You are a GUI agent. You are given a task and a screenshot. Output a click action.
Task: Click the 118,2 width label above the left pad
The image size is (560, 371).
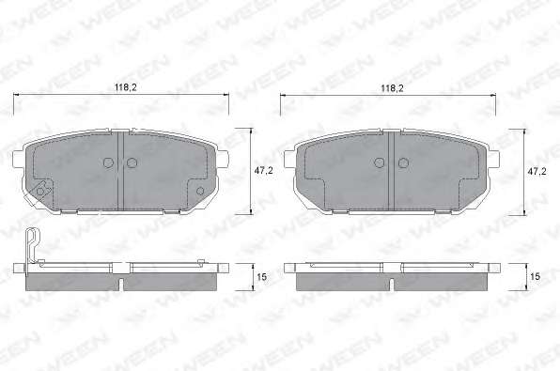125,87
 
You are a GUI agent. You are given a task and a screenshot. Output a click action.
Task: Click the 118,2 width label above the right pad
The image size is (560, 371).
392,88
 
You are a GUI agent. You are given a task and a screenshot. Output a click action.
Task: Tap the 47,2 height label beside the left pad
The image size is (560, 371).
264,171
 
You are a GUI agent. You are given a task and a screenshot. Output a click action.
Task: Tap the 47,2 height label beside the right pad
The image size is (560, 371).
537,171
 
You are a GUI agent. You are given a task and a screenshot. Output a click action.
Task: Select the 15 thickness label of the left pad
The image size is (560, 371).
262,277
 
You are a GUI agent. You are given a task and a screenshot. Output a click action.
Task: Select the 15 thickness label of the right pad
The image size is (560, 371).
535,276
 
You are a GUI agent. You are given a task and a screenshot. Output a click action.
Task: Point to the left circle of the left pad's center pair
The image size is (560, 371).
108,162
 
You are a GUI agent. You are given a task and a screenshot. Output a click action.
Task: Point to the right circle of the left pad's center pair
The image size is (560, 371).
132,162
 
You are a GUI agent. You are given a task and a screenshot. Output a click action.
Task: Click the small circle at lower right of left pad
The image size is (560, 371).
200,191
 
